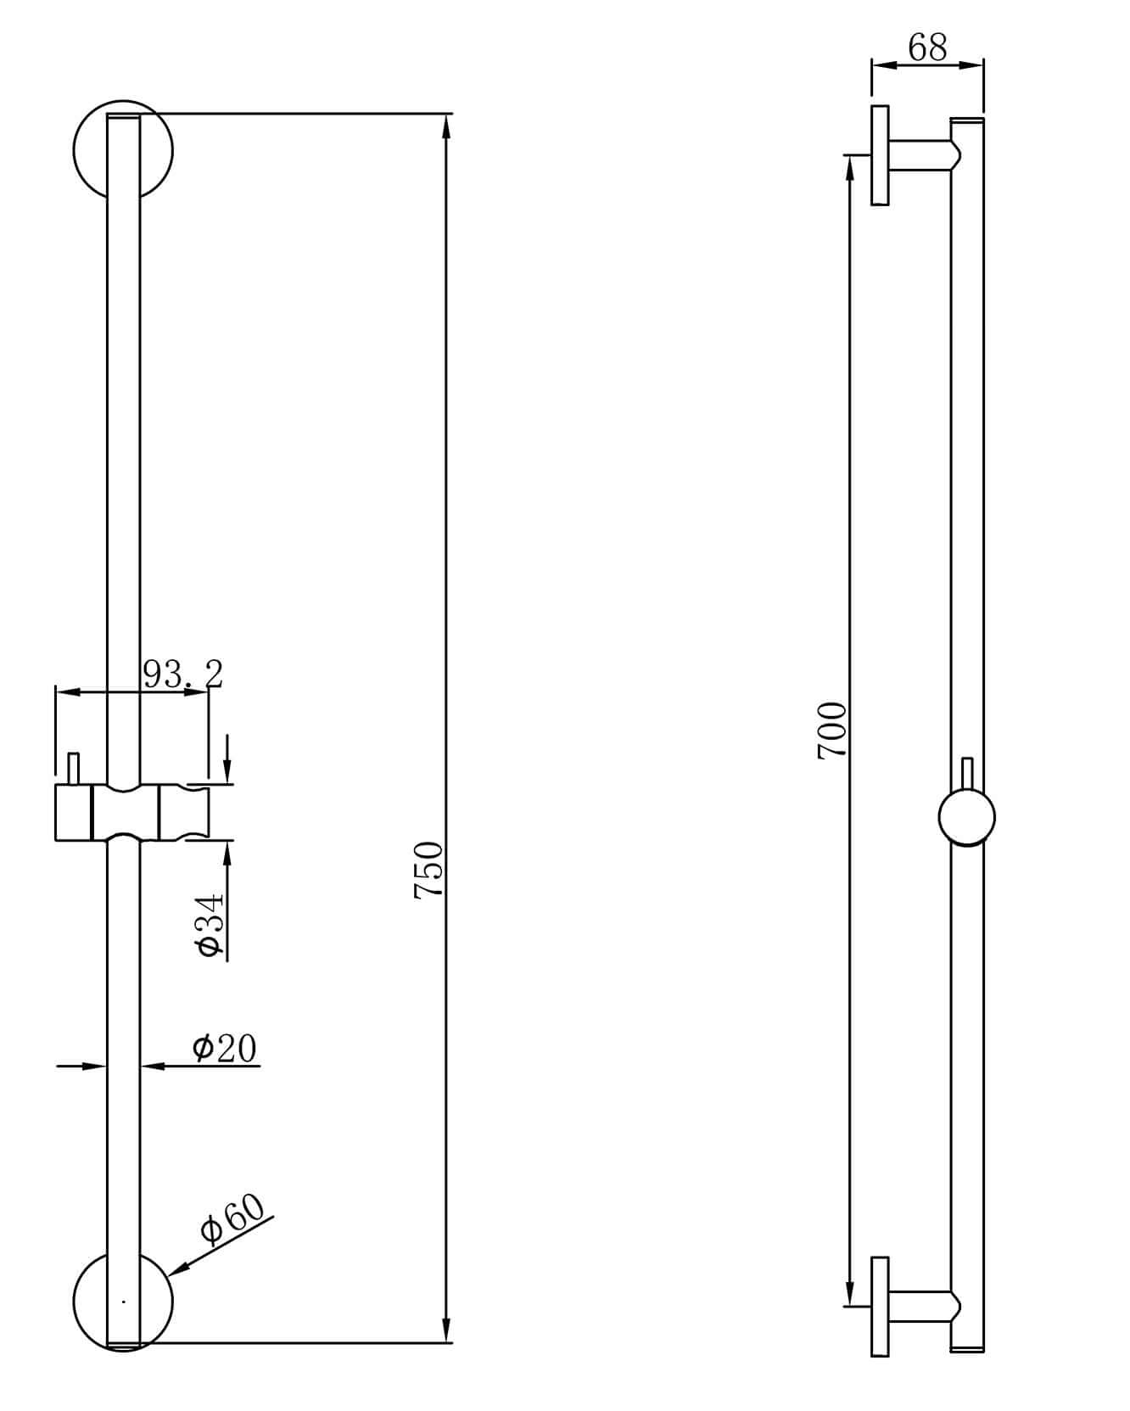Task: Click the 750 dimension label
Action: tap(428, 869)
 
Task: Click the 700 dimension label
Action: tap(831, 730)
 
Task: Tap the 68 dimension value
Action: tap(926, 48)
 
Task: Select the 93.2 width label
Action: tap(182, 675)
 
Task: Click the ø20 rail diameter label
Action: tap(224, 1049)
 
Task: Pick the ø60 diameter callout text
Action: tap(232, 1218)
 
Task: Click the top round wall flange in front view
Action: tap(88, 150)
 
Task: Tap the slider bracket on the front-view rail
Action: tap(131, 812)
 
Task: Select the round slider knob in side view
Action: tap(966, 817)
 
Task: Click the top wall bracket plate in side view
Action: tap(880, 155)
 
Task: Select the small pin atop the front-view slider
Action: tap(74, 769)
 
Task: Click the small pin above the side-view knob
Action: tap(966, 774)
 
